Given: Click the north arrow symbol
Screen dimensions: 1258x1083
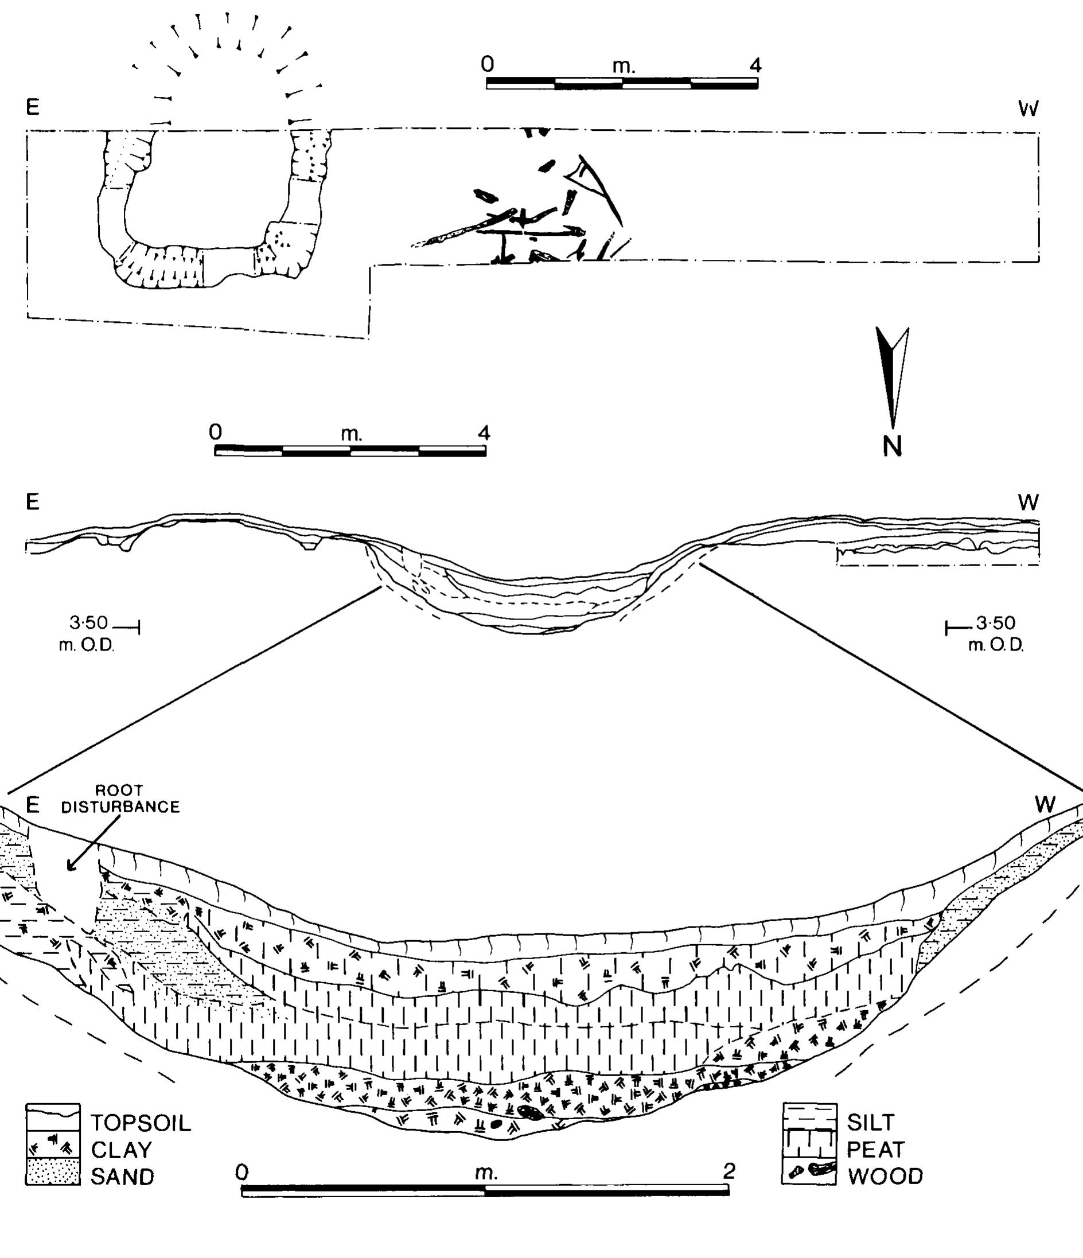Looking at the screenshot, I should point(892,376).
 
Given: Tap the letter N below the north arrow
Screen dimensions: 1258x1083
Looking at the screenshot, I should point(892,446).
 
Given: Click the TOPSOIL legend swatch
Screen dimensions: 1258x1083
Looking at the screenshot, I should point(53,1116).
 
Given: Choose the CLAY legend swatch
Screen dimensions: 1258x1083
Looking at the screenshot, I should point(53,1144).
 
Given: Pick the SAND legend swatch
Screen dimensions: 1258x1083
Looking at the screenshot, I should point(53,1171).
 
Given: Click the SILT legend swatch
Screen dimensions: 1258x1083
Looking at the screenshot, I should point(809,1116).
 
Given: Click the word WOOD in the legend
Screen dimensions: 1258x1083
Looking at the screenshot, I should point(885,1177).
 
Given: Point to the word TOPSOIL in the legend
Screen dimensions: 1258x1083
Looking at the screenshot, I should point(141,1123).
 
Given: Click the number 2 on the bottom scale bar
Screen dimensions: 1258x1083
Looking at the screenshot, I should point(729,1171).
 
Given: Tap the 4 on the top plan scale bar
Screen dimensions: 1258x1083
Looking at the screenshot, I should point(755,65).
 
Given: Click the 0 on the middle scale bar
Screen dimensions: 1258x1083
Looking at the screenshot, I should point(216,433).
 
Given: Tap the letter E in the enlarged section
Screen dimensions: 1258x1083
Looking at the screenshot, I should point(32,805).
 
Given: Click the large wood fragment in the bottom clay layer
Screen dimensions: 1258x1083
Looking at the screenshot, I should point(529,1112).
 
